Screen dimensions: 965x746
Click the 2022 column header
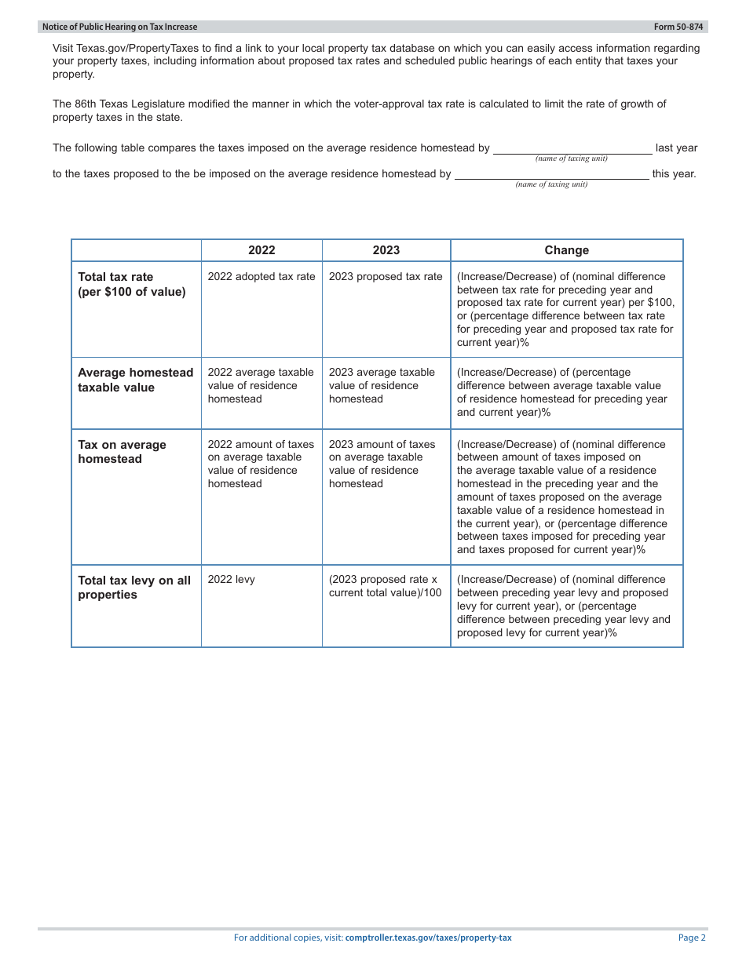pyautogui.click(x=261, y=250)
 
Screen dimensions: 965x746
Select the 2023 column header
pyautogui.click(x=386, y=250)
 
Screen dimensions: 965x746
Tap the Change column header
pyautogui.click(x=566, y=250)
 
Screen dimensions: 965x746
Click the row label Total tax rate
pyautogui.click(x=115, y=277)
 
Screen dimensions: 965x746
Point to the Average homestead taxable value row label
pyautogui.click(x=135, y=380)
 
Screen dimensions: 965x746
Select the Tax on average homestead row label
pyautogui.click(x=122, y=452)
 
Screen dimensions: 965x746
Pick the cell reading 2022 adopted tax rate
pyautogui.click(x=261, y=277)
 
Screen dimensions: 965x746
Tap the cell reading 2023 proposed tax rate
pyautogui.click(x=386, y=277)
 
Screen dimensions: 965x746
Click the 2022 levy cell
pyautogui.click(x=231, y=580)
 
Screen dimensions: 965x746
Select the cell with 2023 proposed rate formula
pyautogui.click(x=385, y=586)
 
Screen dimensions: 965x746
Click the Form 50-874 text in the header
pyautogui.click(x=679, y=27)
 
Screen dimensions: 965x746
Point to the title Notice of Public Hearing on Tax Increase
pyautogui.click(x=120, y=27)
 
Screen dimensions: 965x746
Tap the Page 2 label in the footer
pyautogui.click(x=692, y=938)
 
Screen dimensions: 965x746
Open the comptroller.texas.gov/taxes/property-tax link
pyautogui.click(x=428, y=938)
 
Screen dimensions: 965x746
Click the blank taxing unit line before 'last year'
pyautogui.click(x=572, y=149)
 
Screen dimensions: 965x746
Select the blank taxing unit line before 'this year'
pyautogui.click(x=551, y=175)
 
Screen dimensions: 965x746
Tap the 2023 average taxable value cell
pyautogui.click(x=382, y=385)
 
